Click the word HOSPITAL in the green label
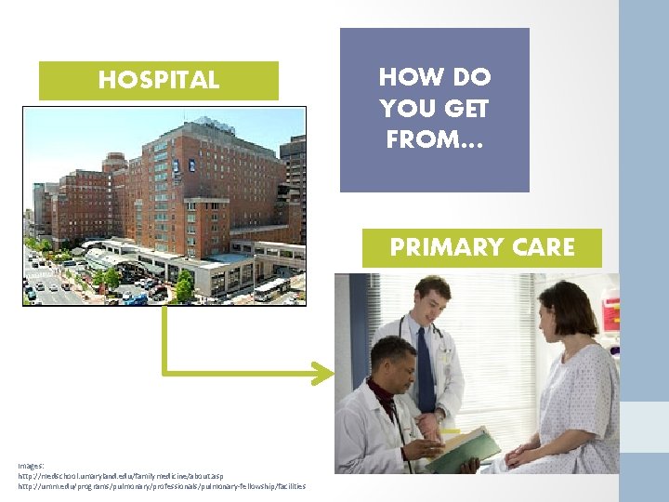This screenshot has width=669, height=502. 158,81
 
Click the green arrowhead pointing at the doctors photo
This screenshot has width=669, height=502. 323,374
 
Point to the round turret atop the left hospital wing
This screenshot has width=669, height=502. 115,161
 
